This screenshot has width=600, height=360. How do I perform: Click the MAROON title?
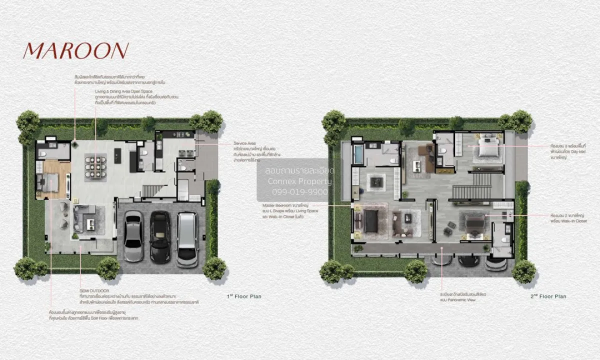75,51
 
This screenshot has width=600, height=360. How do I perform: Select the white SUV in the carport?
187,239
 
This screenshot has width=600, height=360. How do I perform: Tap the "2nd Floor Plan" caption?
548,296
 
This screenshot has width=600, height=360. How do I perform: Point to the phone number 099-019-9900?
299,191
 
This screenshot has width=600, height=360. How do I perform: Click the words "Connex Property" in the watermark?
299,181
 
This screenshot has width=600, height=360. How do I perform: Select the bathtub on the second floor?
359,154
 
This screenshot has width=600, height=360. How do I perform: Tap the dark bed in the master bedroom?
370,220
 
